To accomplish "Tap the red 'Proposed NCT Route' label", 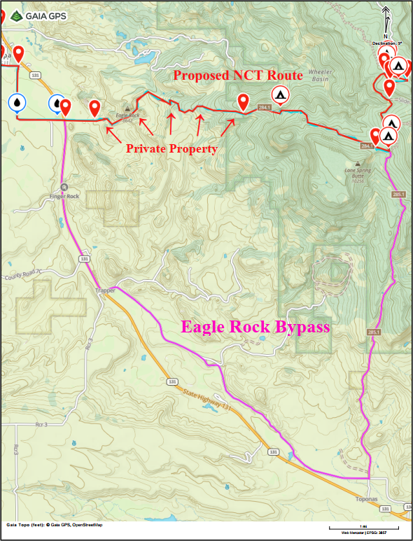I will tap(237, 75).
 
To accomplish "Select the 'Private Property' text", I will tap(171, 148).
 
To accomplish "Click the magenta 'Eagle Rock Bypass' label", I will tap(255, 326).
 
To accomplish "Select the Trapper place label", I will tap(104, 288).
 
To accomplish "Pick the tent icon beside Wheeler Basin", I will tap(279, 94).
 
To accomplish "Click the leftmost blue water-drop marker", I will tap(17, 102).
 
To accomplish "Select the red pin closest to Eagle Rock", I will tap(95, 108).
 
